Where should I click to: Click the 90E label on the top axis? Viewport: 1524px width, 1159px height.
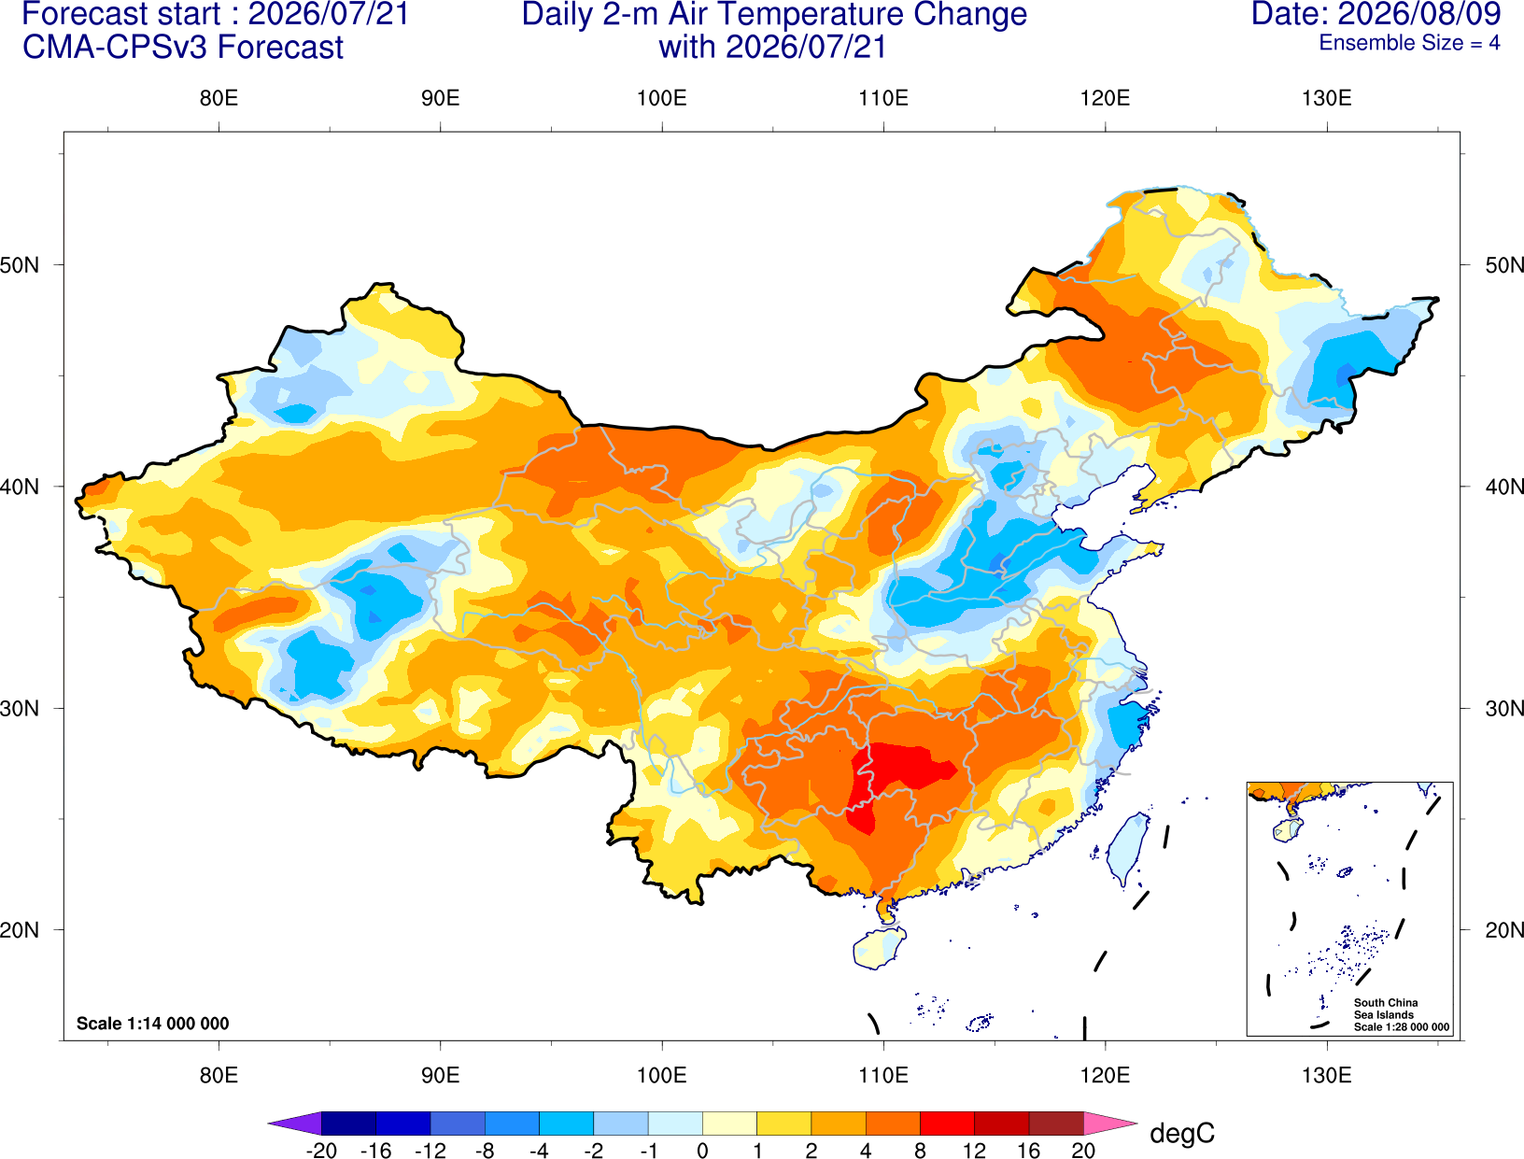click(x=440, y=98)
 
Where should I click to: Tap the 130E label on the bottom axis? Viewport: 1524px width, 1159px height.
click(x=1326, y=1076)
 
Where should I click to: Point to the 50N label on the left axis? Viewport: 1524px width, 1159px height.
click(x=20, y=265)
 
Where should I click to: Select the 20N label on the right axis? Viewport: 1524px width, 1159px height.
click(x=1503, y=930)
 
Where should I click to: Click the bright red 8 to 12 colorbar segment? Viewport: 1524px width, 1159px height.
click(x=947, y=1123)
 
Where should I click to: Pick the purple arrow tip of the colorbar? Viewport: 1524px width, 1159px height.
click(x=294, y=1123)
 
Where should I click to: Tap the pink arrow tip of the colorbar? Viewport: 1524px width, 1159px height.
click(x=1111, y=1123)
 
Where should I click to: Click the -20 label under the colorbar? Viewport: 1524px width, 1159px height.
click(x=321, y=1150)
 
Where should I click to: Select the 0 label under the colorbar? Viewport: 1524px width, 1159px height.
click(x=702, y=1150)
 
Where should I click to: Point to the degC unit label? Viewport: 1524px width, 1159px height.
click(x=1181, y=1133)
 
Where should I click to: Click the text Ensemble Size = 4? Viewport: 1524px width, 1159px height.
click(x=1409, y=43)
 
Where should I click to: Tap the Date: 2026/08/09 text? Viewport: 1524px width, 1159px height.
click(x=1376, y=14)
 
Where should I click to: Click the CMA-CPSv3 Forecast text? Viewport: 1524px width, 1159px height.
click(x=183, y=48)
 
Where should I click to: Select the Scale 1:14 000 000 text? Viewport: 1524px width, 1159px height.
click(x=153, y=1024)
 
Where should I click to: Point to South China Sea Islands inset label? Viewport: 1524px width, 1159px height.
click(x=1401, y=1014)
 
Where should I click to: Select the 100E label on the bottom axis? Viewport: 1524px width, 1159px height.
click(x=662, y=1076)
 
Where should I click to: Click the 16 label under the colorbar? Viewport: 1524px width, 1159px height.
click(x=1029, y=1150)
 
